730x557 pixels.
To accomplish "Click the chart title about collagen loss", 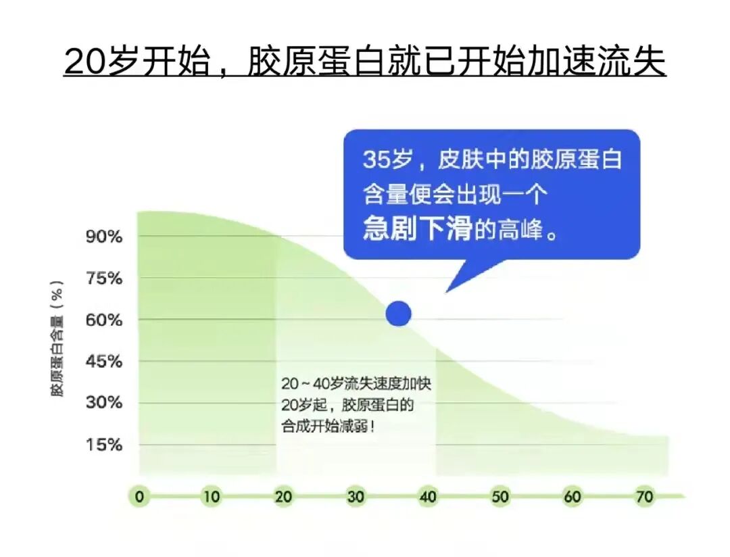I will (x=365, y=62).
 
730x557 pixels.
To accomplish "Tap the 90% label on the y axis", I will (x=103, y=237).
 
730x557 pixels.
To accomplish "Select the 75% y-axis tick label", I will (x=103, y=278).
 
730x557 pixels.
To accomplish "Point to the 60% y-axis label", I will (x=103, y=320).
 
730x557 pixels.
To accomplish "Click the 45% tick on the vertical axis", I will (x=103, y=362).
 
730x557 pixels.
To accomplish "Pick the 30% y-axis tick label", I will (x=103, y=404).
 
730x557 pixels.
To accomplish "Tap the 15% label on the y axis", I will (x=103, y=445).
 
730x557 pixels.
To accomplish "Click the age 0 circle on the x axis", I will (x=139, y=497).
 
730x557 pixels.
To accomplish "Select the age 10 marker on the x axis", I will (x=212, y=497).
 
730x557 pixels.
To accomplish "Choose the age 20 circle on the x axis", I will (x=283, y=497).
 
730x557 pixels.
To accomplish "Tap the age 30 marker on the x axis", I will (x=356, y=497).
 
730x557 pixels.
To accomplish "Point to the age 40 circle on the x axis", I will (x=428, y=497).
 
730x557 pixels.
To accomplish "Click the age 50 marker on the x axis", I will (x=500, y=497).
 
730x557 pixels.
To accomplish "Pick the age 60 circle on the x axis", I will (x=573, y=497).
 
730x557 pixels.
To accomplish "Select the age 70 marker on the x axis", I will (x=645, y=497).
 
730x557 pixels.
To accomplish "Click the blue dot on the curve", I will (x=399, y=314).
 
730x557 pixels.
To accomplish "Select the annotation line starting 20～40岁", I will (x=356, y=384).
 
